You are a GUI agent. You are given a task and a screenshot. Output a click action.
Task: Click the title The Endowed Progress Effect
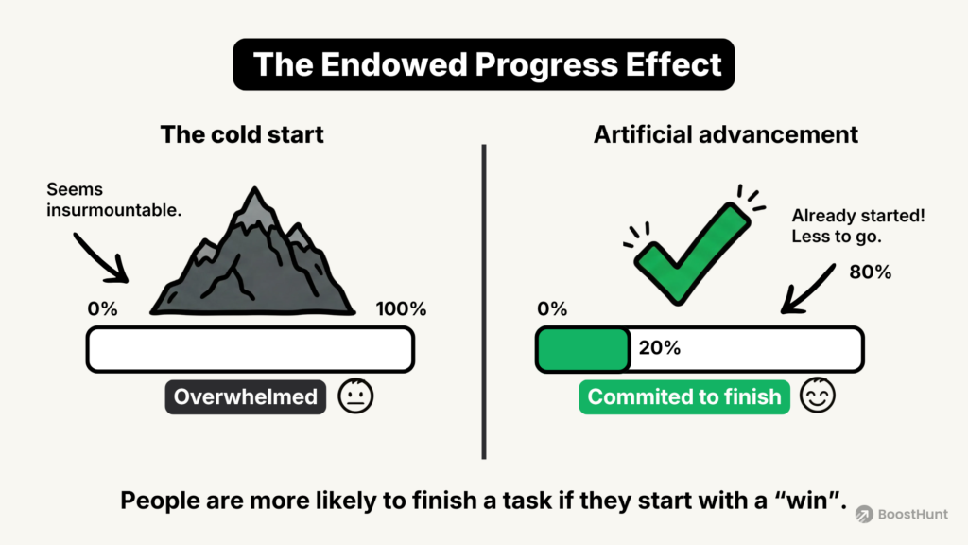tap(483, 64)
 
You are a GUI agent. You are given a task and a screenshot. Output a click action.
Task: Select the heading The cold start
tap(242, 134)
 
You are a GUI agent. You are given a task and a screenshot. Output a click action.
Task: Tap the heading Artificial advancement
tap(726, 134)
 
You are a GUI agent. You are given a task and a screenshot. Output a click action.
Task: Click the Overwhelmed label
tap(246, 397)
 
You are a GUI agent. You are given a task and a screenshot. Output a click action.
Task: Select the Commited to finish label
tap(684, 397)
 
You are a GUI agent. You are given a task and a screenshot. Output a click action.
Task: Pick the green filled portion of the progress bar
tap(583, 348)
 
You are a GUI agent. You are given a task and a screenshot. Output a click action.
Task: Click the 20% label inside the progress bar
tap(660, 348)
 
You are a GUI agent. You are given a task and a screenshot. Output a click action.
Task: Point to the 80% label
tap(870, 272)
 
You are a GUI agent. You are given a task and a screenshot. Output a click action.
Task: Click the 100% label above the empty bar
tap(401, 309)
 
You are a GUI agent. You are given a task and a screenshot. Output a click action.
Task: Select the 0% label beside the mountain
tap(102, 309)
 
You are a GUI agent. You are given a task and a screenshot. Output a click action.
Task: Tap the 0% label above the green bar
tap(551, 309)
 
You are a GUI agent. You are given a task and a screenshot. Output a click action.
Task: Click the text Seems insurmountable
tap(113, 201)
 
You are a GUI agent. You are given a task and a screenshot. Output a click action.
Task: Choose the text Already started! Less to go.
tap(857, 226)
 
